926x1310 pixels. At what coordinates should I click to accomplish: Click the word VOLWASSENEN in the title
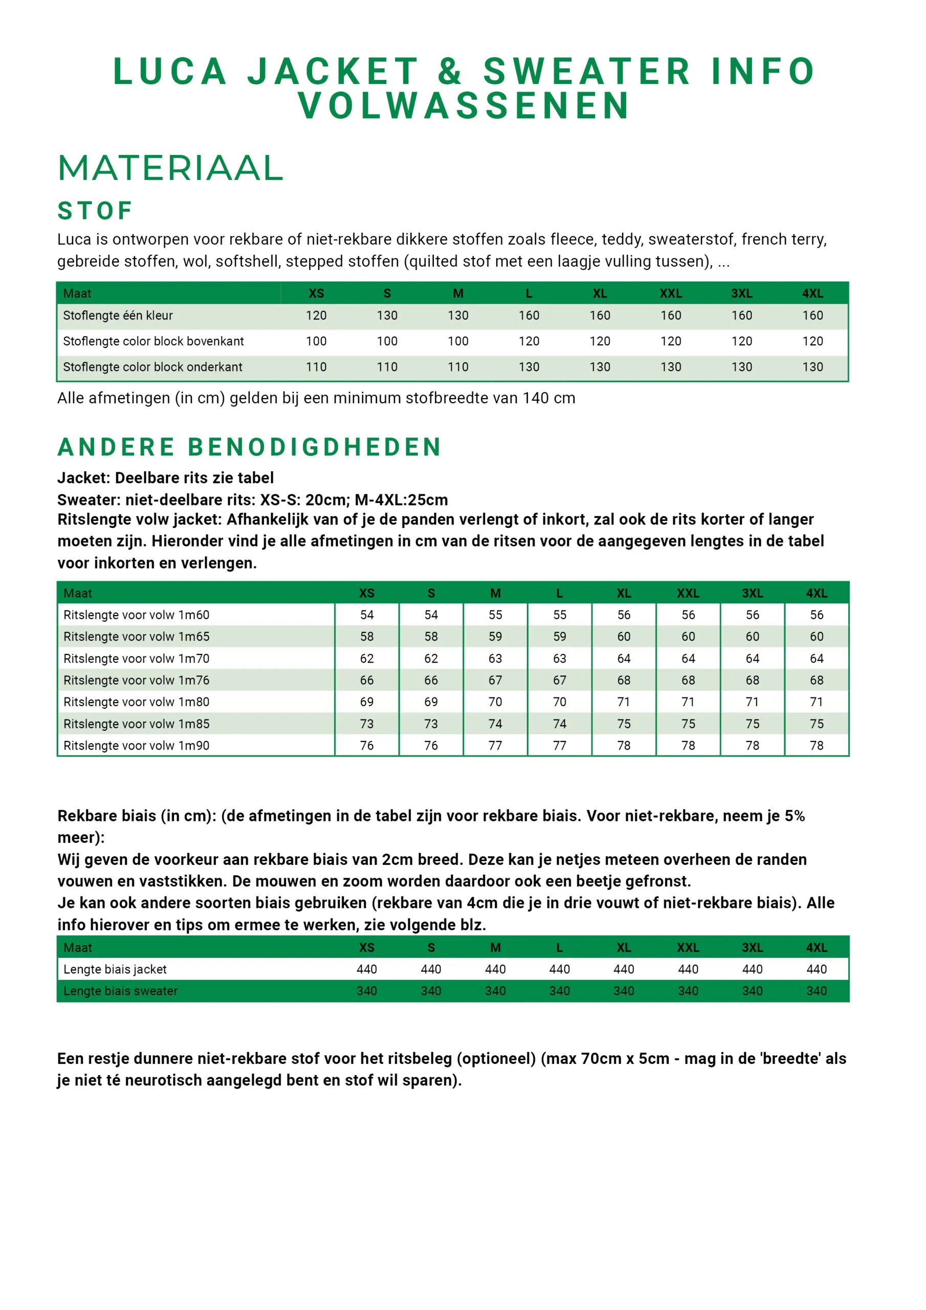click(464, 106)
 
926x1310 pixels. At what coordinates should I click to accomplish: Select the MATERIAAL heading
click(170, 168)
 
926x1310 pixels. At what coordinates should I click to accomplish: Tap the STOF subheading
click(95, 211)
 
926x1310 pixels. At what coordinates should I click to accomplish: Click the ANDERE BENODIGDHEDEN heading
click(249, 447)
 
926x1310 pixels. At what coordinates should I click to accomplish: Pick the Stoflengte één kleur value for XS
click(316, 316)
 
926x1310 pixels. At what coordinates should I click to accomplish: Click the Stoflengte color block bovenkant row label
click(153, 341)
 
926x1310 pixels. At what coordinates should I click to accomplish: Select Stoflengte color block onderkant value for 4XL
click(812, 367)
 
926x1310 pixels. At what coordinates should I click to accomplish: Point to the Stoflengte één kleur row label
click(118, 316)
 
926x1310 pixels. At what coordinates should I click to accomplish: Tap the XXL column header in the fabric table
click(670, 293)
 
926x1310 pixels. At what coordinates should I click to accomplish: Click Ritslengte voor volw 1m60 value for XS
click(366, 615)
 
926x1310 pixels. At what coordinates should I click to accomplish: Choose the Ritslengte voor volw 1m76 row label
click(137, 680)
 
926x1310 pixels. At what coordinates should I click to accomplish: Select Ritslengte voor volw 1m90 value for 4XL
click(817, 746)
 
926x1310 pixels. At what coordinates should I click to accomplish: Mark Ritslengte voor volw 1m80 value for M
click(495, 702)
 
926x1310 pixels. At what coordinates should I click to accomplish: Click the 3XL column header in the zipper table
click(752, 594)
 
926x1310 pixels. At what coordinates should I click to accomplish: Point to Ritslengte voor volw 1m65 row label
click(137, 637)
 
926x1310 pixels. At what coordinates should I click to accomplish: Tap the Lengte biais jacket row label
click(115, 969)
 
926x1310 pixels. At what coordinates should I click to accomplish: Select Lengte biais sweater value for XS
click(366, 991)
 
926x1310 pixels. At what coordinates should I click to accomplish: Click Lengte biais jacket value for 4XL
click(817, 969)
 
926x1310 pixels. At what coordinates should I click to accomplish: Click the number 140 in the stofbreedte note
click(535, 398)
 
